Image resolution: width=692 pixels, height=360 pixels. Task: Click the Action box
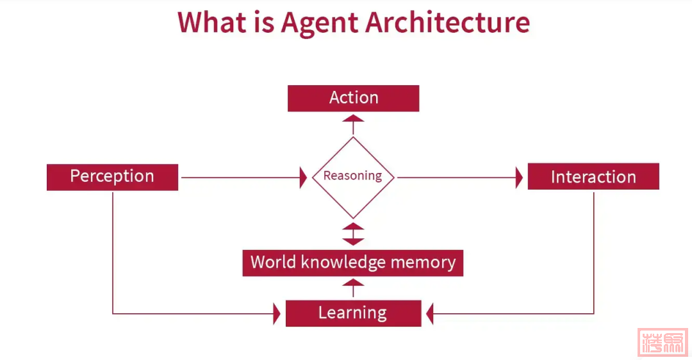point(353,98)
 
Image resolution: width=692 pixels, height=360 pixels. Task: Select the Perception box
point(112,177)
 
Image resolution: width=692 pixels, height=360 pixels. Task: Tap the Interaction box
point(593,177)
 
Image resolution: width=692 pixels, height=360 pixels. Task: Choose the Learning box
point(353,313)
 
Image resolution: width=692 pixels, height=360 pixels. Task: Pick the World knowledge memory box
point(352,263)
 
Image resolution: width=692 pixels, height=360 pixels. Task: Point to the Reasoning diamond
point(353,177)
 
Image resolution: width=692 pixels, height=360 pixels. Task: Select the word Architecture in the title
point(447,22)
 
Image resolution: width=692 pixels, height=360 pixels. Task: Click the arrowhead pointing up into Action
point(353,119)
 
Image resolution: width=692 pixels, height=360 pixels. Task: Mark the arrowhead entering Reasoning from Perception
point(304,177)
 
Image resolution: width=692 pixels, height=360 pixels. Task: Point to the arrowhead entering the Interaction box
point(520,177)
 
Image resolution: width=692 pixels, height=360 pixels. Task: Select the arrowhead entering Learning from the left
point(277,314)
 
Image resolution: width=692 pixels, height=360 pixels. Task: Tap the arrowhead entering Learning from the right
point(430,314)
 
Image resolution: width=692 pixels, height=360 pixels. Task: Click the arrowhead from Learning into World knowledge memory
point(353,282)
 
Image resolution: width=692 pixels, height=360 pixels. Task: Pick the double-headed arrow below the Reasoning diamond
point(353,234)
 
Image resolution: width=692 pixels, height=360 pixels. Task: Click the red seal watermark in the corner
point(663,342)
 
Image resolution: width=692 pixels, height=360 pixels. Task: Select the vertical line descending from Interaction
point(594,250)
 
